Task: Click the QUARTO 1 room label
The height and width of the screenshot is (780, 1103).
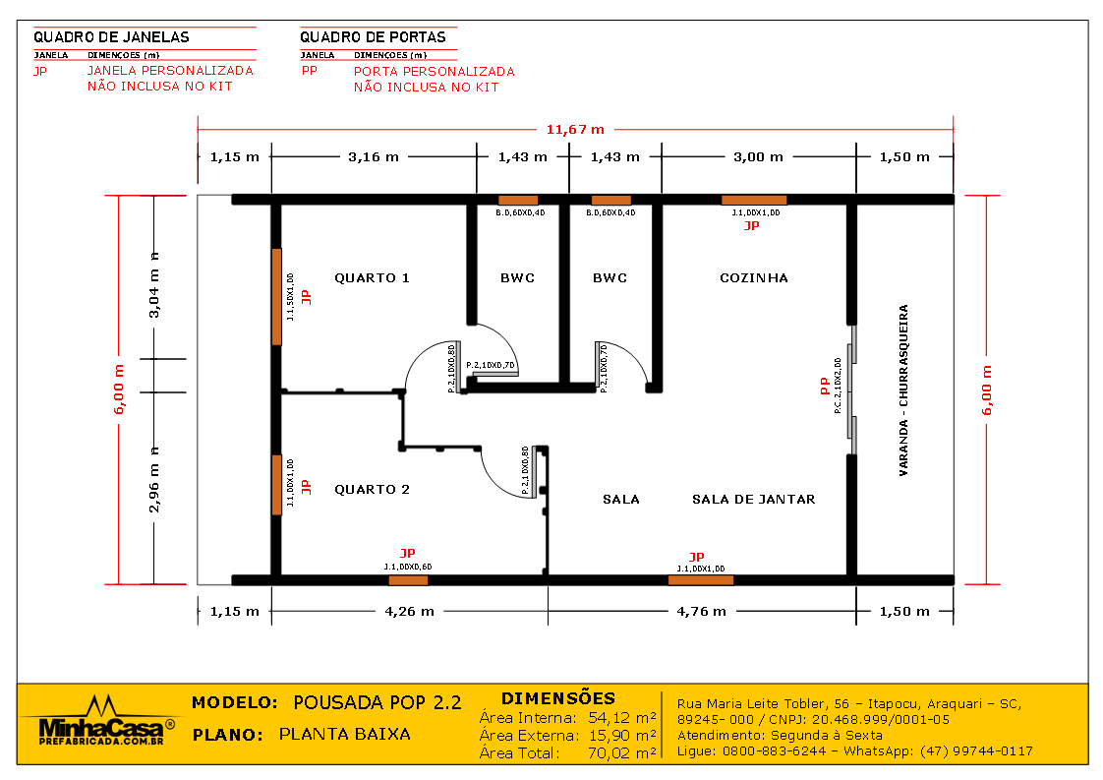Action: [372, 278]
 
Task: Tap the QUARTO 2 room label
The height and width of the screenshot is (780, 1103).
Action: [372, 490]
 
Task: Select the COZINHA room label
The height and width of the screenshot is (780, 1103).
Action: [754, 278]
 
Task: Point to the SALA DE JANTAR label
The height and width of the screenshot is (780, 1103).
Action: [753, 500]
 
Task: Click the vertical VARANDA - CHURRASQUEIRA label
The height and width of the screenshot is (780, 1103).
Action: [903, 390]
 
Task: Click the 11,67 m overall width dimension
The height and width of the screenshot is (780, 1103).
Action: [575, 129]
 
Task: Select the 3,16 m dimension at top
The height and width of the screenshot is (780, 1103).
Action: [375, 156]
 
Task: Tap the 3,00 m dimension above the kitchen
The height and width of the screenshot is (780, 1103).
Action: [758, 156]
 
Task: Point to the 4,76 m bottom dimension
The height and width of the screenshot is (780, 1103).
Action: [702, 611]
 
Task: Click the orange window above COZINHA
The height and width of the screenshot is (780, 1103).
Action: [754, 200]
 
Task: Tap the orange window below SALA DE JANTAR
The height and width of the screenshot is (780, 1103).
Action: [700, 580]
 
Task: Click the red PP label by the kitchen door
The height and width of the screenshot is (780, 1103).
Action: [825, 388]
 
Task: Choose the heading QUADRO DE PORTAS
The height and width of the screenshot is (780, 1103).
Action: [373, 37]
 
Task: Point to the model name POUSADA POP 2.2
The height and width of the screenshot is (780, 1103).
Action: [377, 702]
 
